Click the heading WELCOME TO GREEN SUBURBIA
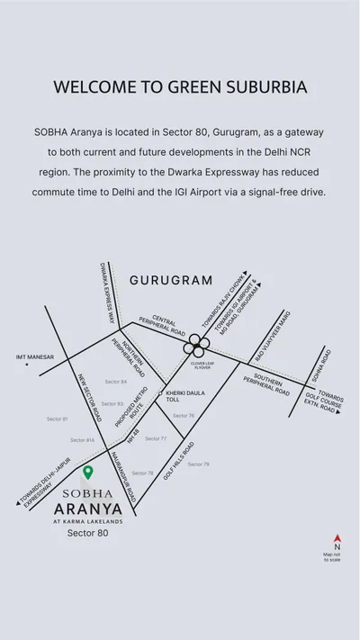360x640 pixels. click(180, 87)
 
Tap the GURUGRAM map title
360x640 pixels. click(171, 280)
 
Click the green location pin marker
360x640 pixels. click(87, 472)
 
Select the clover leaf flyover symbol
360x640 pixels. click(194, 345)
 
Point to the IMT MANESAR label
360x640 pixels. click(34, 357)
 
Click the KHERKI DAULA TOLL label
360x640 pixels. click(184, 396)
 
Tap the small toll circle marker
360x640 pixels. click(161, 393)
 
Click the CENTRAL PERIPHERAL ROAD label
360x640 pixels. click(167, 325)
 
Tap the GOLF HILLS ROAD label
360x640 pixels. click(179, 460)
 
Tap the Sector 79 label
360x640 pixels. click(198, 464)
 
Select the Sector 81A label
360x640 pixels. click(83, 440)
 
